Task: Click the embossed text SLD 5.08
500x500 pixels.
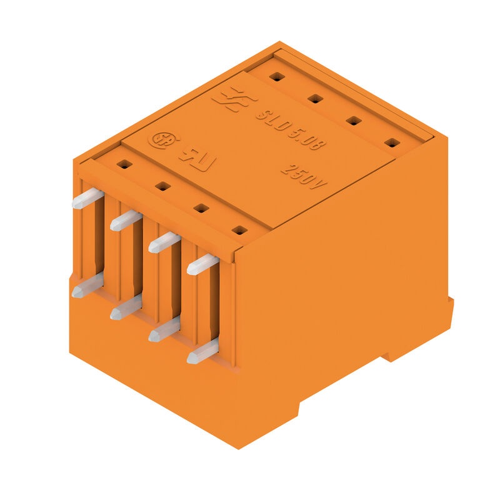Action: pos(291,131)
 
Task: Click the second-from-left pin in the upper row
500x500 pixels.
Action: pos(126,220)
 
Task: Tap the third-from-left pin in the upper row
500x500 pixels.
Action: pos(164,242)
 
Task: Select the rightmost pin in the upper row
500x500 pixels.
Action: pos(202,264)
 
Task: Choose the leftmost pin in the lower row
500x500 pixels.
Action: pos(87,286)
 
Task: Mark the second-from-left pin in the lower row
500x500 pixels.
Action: pos(126,307)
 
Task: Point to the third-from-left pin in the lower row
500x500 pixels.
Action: pos(164,329)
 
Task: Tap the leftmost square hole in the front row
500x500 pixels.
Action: pos(124,164)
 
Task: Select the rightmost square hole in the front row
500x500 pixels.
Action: pos(239,230)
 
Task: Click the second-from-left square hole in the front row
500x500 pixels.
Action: pos(162,186)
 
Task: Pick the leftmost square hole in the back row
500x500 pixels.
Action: pos(277,77)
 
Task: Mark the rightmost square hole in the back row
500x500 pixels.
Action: pos(392,142)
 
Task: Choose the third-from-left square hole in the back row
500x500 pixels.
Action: pos(354,121)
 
